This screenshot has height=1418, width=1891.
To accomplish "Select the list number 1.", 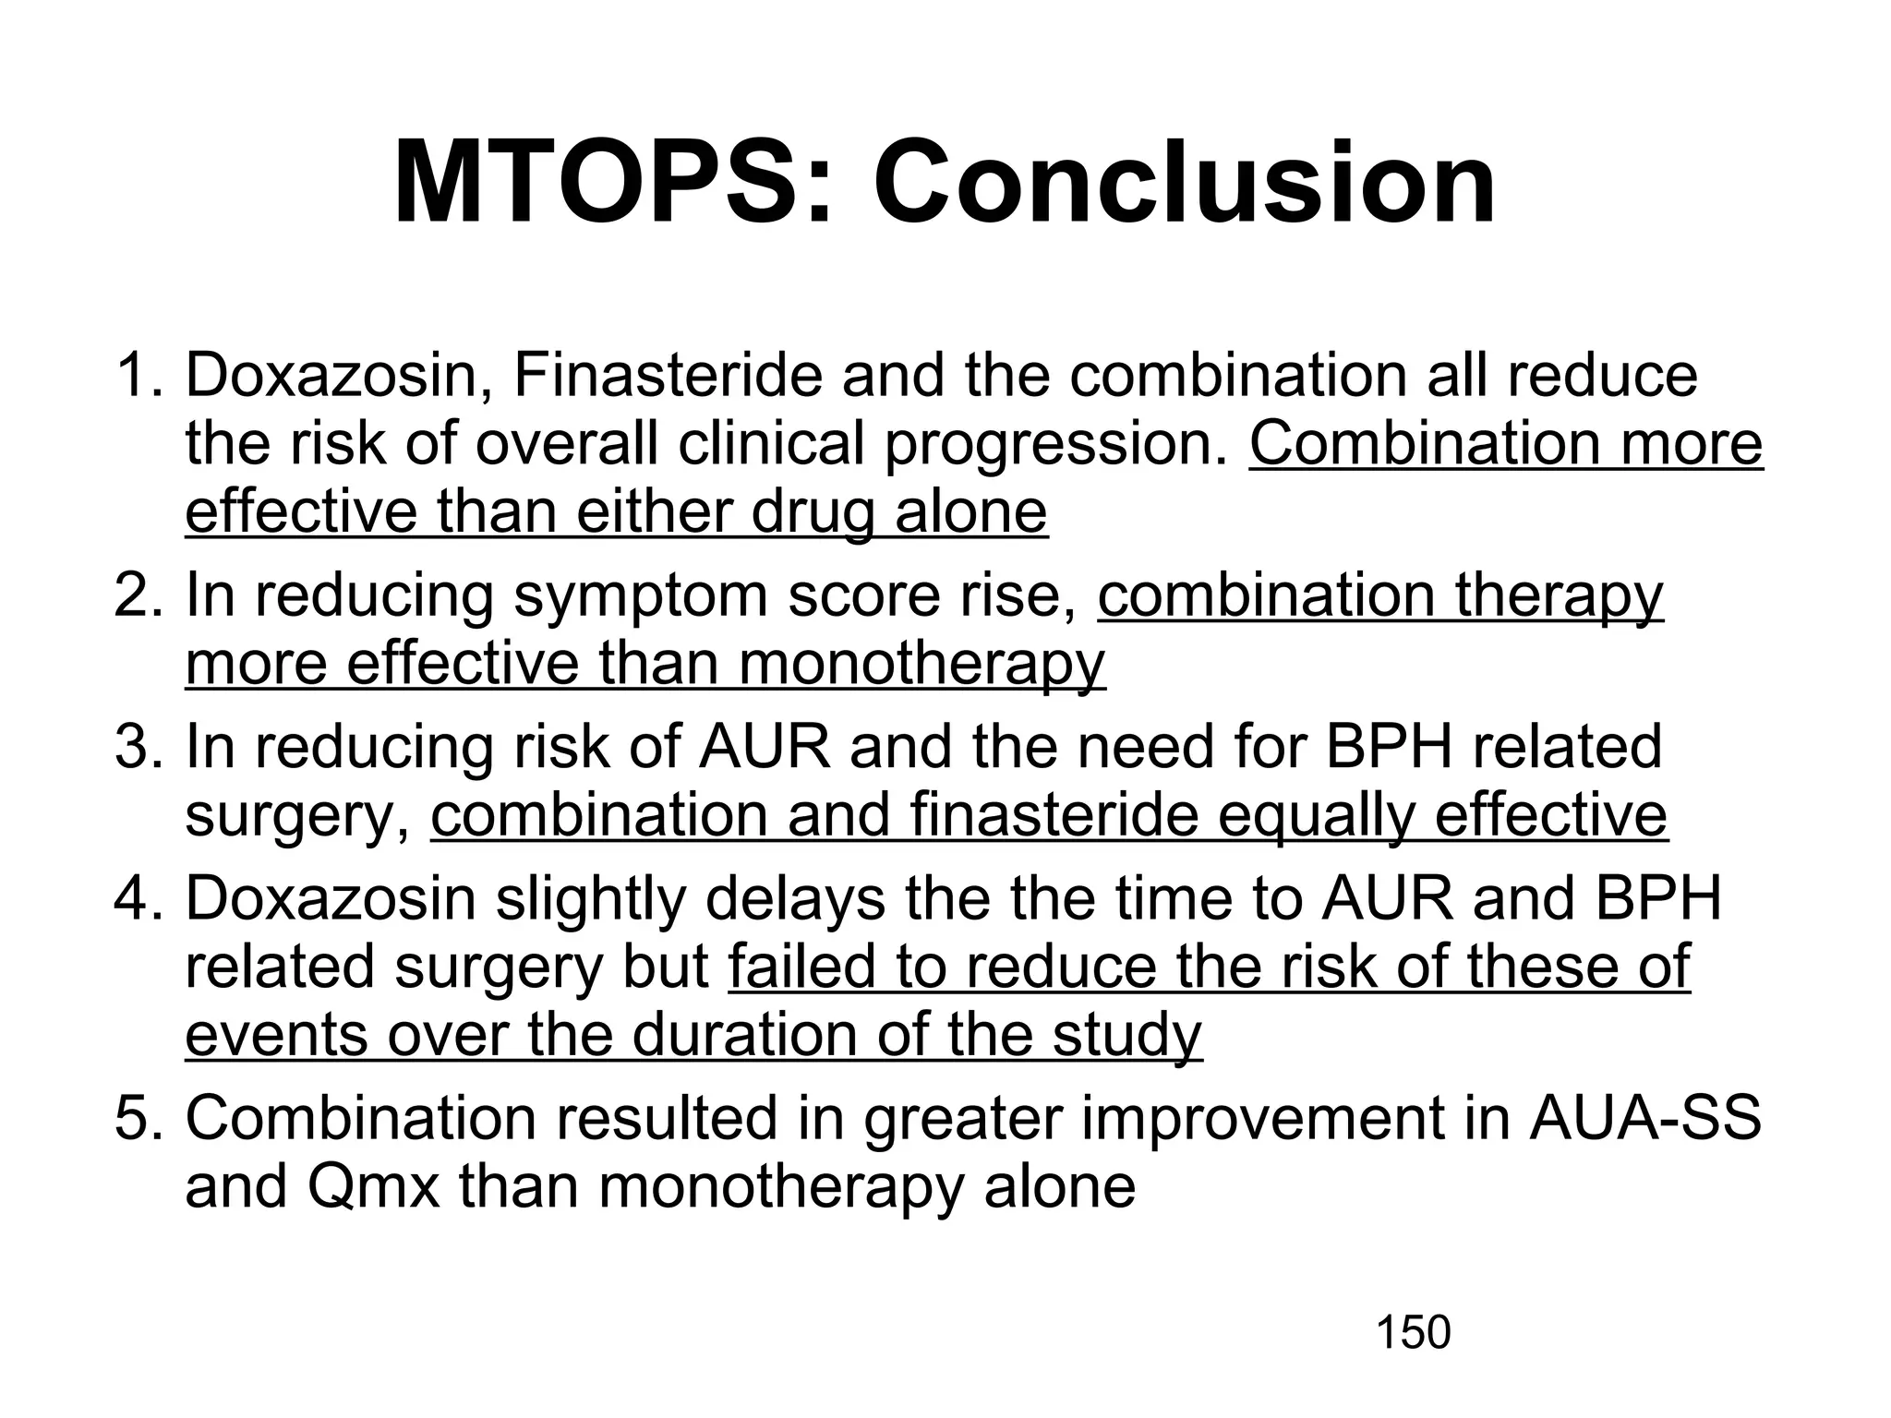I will (x=139, y=377).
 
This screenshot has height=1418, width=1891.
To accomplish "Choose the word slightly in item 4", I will (x=592, y=899).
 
